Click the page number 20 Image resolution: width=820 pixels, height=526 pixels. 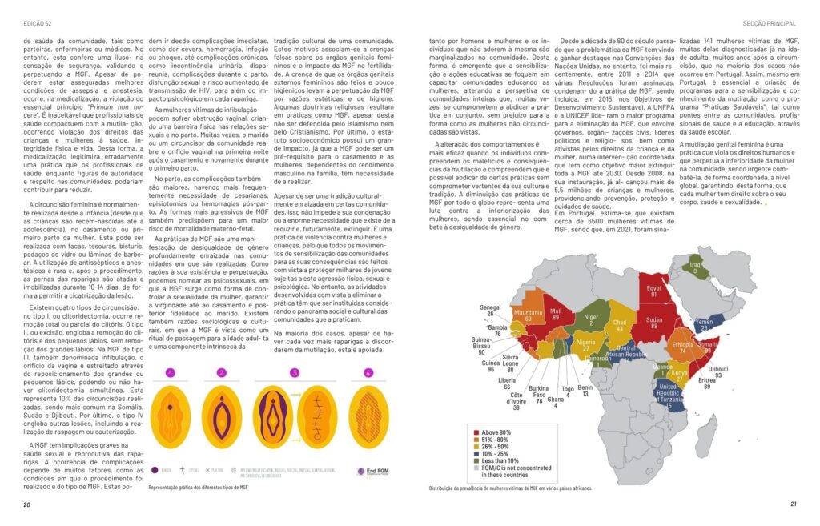[x=26, y=504]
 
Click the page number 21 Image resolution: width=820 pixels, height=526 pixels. [x=793, y=504]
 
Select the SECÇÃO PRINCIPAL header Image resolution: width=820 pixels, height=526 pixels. [x=770, y=11]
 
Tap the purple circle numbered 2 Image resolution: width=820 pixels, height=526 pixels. [x=221, y=372]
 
